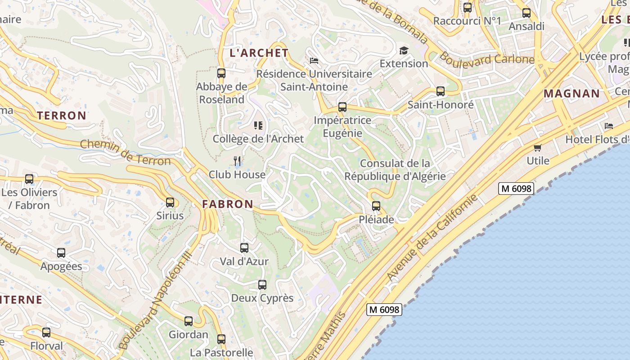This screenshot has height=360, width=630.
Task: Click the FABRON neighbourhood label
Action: tap(228, 204)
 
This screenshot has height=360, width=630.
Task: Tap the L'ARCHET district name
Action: tap(259, 53)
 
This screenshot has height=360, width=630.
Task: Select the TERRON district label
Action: tap(62, 116)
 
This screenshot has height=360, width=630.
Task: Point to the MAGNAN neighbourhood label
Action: tap(572, 94)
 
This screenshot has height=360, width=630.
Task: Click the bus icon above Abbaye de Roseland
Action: tap(221, 73)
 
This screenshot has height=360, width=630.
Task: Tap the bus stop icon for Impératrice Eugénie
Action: tap(342, 107)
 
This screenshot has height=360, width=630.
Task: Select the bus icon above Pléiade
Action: tap(376, 206)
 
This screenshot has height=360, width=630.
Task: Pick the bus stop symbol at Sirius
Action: tap(170, 202)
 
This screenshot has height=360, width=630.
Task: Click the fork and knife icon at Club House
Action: tap(237, 161)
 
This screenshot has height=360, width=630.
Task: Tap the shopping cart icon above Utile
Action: tap(538, 148)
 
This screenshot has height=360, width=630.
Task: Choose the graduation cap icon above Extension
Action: tap(404, 50)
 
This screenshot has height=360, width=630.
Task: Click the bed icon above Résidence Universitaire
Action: tap(314, 60)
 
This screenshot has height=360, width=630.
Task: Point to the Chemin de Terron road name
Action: tap(126, 153)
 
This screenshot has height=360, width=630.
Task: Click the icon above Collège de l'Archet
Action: tap(258, 125)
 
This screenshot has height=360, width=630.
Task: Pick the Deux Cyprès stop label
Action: tap(262, 298)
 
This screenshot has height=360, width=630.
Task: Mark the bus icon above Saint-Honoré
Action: tap(441, 91)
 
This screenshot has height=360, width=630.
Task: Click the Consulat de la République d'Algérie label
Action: tap(395, 170)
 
